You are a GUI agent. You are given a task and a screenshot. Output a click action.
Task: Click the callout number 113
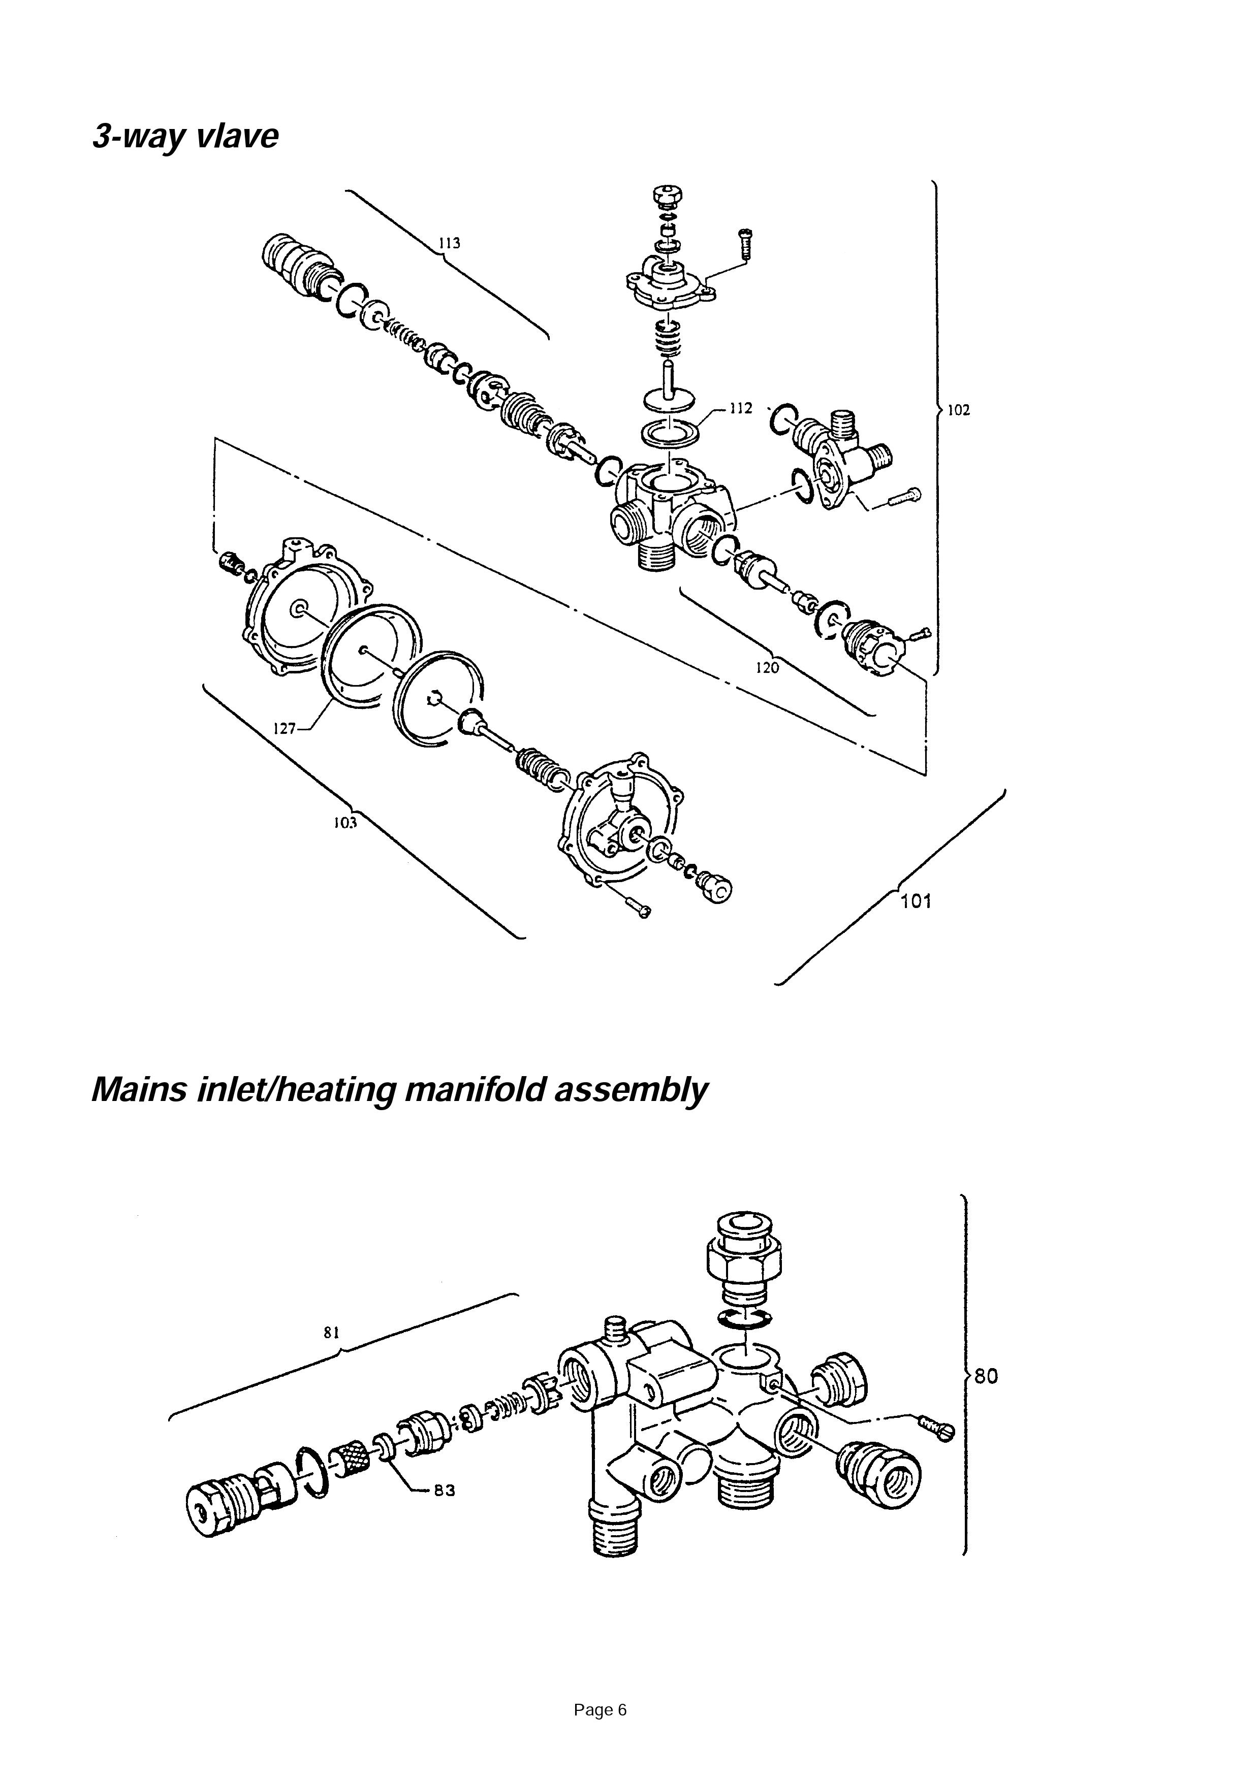tap(449, 243)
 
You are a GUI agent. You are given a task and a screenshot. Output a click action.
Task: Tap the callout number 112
tap(741, 408)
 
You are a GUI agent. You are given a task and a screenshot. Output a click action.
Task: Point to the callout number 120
tap(767, 667)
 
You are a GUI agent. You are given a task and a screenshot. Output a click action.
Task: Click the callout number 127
tap(285, 728)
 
